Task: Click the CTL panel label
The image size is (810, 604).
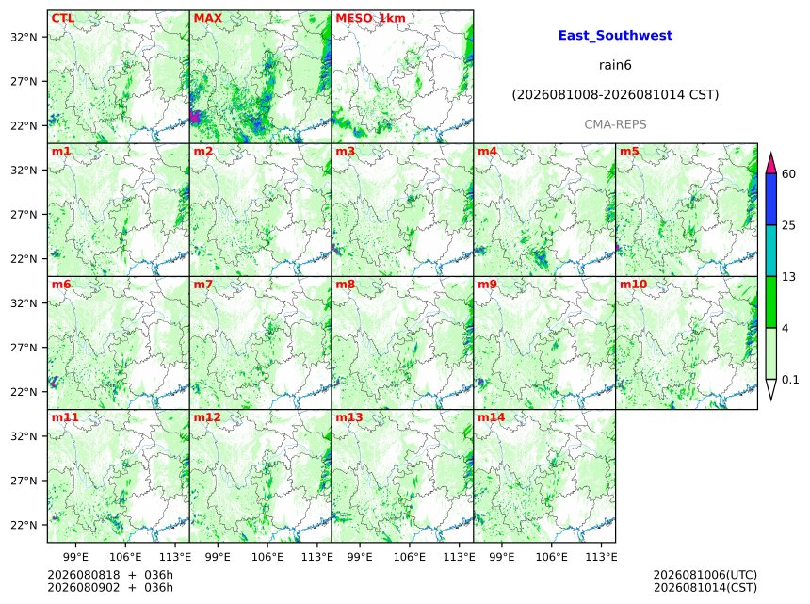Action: [x=63, y=18]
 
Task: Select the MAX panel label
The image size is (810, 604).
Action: [x=207, y=18]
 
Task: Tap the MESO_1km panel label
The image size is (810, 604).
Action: [x=370, y=18]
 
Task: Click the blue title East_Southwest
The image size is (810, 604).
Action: [x=615, y=35]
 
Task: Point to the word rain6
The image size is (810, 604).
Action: [x=615, y=65]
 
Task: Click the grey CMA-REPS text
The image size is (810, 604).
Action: [x=615, y=124]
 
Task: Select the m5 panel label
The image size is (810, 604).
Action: [x=629, y=152]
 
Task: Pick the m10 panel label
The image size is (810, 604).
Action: [x=633, y=285]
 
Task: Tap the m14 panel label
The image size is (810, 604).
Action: [x=492, y=417]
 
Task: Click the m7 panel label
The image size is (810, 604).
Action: [x=203, y=285]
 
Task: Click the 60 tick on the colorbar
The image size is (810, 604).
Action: [x=789, y=173]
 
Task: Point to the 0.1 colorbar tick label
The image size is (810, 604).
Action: [x=790, y=380]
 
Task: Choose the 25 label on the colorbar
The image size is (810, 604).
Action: [x=789, y=225]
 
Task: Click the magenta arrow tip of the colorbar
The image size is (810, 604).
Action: [x=770, y=154]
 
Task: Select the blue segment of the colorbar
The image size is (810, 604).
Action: [x=770, y=199]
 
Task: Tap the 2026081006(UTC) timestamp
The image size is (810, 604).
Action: [x=705, y=575]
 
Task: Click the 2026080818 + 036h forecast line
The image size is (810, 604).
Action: [x=110, y=575]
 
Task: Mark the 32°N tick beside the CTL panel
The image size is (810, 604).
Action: [x=24, y=37]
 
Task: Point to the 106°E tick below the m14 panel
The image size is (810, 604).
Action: [x=551, y=557]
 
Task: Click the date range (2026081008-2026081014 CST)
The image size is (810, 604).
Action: [x=615, y=95]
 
